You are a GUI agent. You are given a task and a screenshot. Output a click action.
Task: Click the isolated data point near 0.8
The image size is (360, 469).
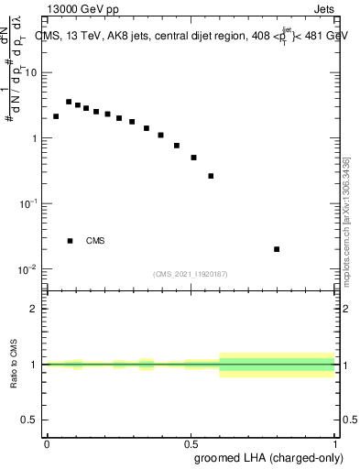[x=277, y=249]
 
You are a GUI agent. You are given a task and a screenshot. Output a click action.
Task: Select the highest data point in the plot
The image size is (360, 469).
[x=69, y=102]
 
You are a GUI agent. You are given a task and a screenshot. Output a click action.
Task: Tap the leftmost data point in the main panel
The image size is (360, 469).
[x=56, y=116]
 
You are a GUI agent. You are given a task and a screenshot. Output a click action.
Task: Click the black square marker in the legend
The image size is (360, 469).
[x=70, y=241]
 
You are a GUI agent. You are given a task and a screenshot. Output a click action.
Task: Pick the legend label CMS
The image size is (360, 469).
[x=95, y=241]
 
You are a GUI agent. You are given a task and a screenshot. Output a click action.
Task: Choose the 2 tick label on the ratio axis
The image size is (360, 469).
[x=33, y=309]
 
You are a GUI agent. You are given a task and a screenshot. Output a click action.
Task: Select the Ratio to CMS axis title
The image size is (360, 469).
[x=14, y=365]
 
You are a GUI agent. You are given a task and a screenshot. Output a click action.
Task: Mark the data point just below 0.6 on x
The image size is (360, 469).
[x=211, y=176]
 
